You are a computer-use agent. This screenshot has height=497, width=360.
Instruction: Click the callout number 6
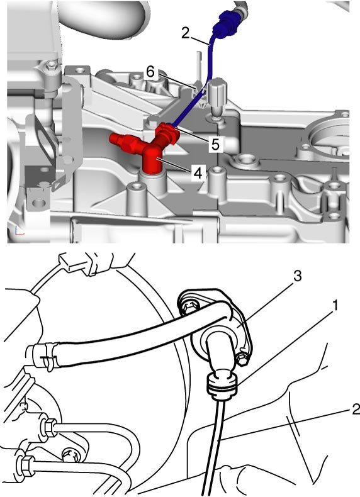(x=150, y=72)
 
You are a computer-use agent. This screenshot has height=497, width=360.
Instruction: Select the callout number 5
(x=215, y=145)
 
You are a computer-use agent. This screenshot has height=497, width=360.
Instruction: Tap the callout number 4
(x=198, y=173)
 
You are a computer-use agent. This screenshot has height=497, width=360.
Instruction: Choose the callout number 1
(x=335, y=306)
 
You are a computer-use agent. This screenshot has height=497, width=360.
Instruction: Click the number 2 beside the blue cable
(x=186, y=33)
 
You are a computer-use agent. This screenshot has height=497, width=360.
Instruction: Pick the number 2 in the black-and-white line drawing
(x=356, y=409)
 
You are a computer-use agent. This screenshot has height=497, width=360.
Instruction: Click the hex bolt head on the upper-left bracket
(x=51, y=66)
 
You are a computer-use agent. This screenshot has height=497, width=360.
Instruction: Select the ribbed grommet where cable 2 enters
(x=222, y=386)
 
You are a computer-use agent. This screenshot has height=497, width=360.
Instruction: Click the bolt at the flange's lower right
(x=243, y=360)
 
